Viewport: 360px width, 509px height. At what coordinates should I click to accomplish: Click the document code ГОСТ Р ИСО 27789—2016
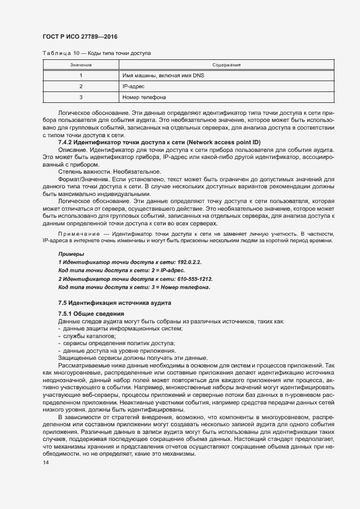click(x=80, y=36)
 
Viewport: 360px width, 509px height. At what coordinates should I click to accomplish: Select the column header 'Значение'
click(x=81, y=65)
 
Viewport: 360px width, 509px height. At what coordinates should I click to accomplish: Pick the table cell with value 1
click(x=81, y=76)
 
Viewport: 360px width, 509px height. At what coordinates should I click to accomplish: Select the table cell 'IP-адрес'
click(x=133, y=87)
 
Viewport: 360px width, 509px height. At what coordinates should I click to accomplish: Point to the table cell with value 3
click(x=81, y=97)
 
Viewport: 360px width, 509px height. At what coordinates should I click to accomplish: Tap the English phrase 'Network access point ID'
click(x=223, y=142)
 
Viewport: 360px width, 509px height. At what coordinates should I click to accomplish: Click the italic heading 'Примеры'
click(x=71, y=254)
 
